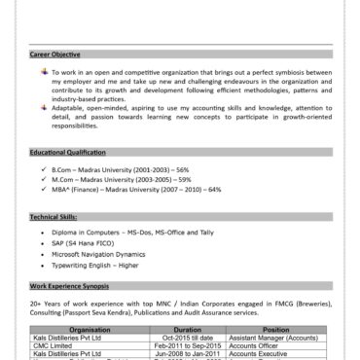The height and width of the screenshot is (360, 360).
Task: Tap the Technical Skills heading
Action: [53, 215]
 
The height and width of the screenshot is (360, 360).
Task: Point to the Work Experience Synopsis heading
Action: [69, 287]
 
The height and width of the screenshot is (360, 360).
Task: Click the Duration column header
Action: [187, 330]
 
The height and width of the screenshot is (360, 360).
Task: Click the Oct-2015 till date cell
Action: [187, 338]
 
